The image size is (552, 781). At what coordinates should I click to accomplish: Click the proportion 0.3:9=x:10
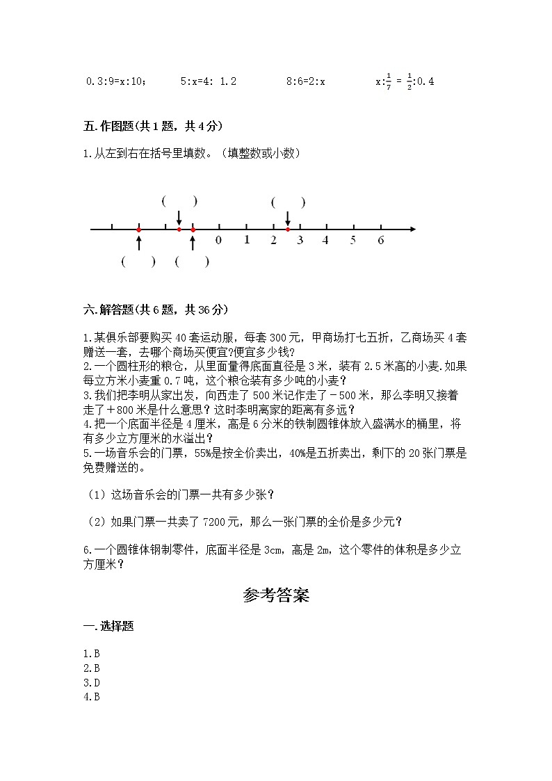click(116, 81)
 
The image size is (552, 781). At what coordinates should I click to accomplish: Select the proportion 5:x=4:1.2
click(209, 81)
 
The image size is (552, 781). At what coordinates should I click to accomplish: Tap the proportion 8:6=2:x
click(306, 81)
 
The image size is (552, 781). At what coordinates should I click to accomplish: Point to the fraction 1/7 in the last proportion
click(389, 82)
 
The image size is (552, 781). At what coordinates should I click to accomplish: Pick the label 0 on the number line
click(219, 241)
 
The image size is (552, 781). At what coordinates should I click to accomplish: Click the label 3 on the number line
click(300, 241)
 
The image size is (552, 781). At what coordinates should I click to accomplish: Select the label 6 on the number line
click(381, 241)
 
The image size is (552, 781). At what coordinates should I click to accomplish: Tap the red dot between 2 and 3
click(288, 229)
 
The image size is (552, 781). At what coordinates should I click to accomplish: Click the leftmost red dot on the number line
click(139, 229)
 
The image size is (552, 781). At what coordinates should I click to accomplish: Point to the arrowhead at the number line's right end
click(412, 229)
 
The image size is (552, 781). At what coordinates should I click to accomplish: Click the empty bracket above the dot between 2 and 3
click(288, 202)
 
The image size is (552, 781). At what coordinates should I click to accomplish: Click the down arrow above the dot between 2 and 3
click(288, 218)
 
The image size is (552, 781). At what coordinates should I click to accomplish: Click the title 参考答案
click(276, 595)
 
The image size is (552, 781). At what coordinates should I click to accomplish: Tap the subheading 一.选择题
click(108, 626)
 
